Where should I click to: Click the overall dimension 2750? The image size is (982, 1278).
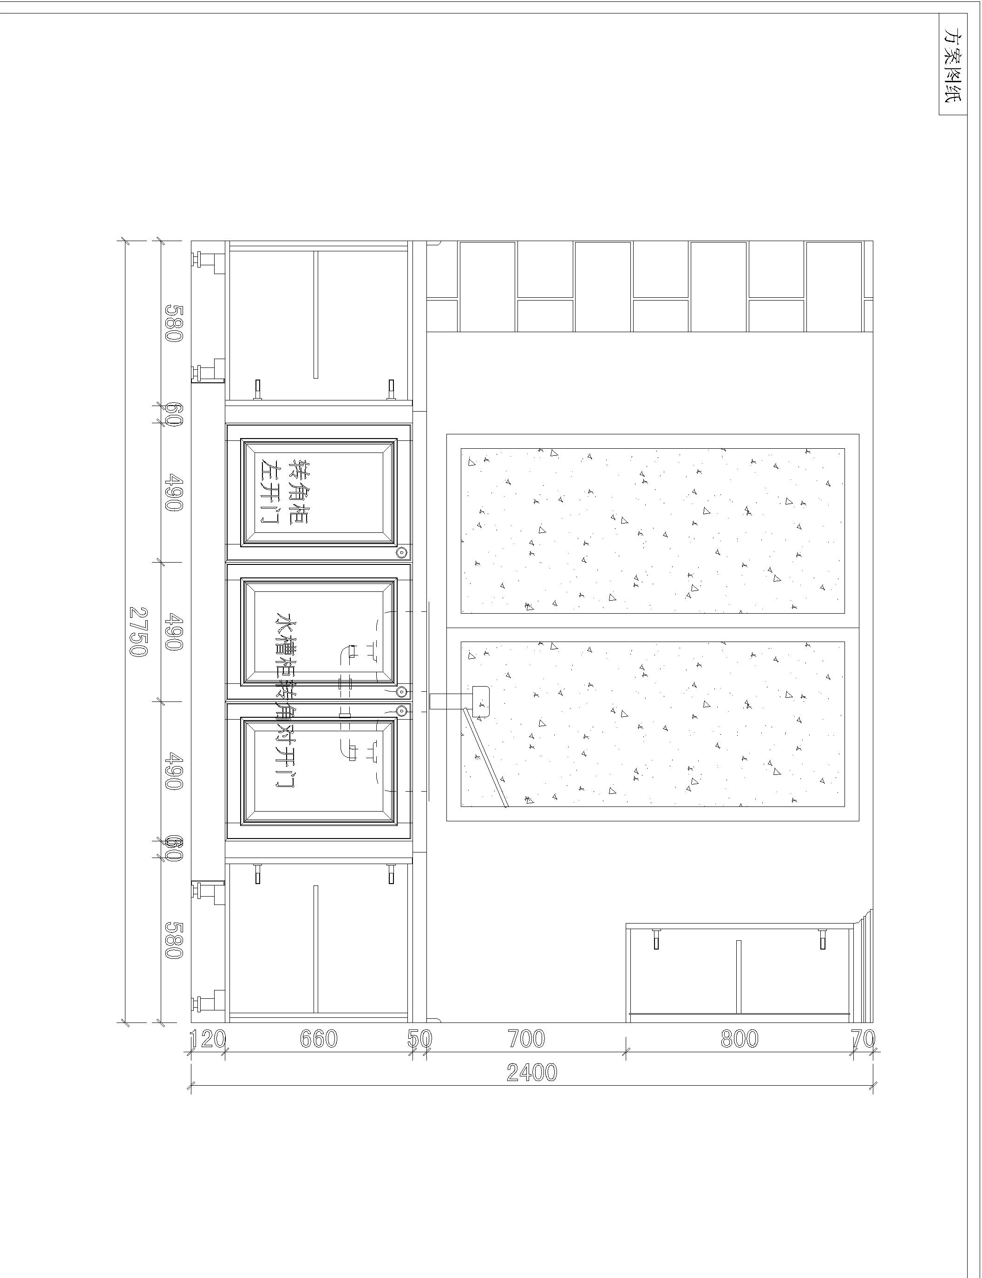click(x=138, y=631)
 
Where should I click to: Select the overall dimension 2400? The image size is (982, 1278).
click(x=531, y=1072)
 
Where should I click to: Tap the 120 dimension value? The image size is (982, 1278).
click(x=208, y=1039)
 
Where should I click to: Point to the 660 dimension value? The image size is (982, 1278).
click(x=319, y=1039)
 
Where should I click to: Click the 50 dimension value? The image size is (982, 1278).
click(x=419, y=1039)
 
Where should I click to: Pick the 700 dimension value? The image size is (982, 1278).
click(x=526, y=1039)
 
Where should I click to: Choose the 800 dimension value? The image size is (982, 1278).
click(x=740, y=1039)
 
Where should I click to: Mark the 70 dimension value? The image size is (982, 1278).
click(x=863, y=1039)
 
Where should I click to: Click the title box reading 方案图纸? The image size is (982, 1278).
click(x=953, y=65)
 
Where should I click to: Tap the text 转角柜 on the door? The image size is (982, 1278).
click(x=301, y=491)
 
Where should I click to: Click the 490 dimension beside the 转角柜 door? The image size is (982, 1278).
click(x=174, y=492)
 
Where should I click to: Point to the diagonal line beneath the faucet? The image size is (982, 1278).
click(x=484, y=758)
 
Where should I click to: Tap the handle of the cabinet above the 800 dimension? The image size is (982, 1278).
click(x=739, y=977)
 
